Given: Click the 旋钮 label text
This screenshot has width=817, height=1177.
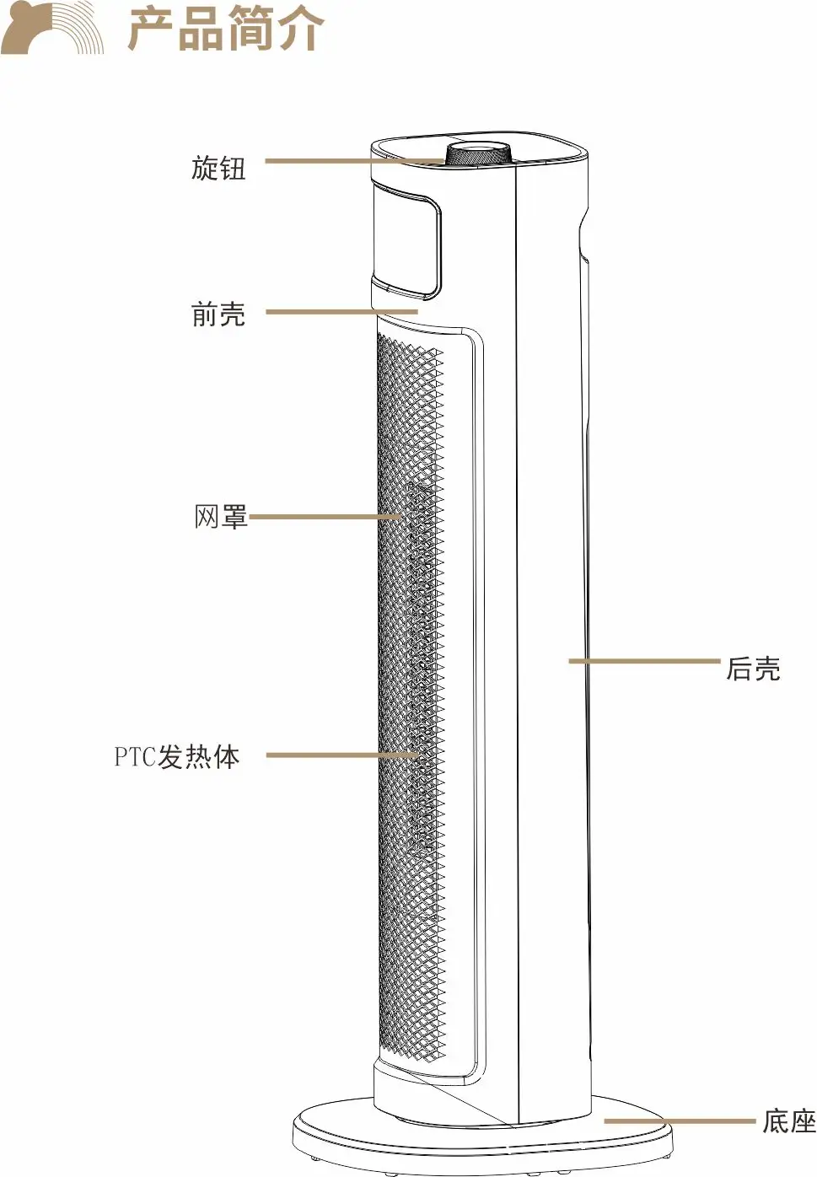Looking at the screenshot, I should pyautogui.click(x=218, y=168).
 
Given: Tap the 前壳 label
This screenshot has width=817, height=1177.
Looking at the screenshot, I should pyautogui.click(x=218, y=314).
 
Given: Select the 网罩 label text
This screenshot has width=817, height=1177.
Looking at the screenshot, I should pyautogui.click(x=221, y=516).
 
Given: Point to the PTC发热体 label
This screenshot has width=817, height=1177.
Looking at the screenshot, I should pyautogui.click(x=177, y=756).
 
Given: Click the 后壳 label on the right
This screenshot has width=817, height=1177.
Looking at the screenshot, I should pyautogui.click(x=753, y=669).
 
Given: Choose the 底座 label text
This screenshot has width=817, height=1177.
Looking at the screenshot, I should pyautogui.click(x=788, y=1121).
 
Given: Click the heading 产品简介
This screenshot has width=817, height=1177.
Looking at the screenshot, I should pyautogui.click(x=226, y=30).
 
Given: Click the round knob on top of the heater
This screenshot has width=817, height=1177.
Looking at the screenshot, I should pyautogui.click(x=478, y=155).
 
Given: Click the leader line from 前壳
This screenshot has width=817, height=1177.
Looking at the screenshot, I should pyautogui.click(x=341, y=312).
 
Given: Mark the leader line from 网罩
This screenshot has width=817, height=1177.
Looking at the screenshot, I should pyautogui.click(x=325, y=516).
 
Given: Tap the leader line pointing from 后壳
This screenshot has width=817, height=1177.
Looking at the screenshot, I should pyautogui.click(x=645, y=661).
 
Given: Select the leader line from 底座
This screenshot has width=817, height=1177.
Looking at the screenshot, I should pyautogui.click(x=679, y=1121).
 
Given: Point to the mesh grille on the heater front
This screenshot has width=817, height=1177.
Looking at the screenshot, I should pyautogui.click(x=410, y=700).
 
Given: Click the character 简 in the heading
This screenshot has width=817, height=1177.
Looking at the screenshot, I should pyautogui.click(x=250, y=30).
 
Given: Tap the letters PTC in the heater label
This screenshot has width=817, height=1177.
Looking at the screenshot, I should pyautogui.click(x=135, y=756).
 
